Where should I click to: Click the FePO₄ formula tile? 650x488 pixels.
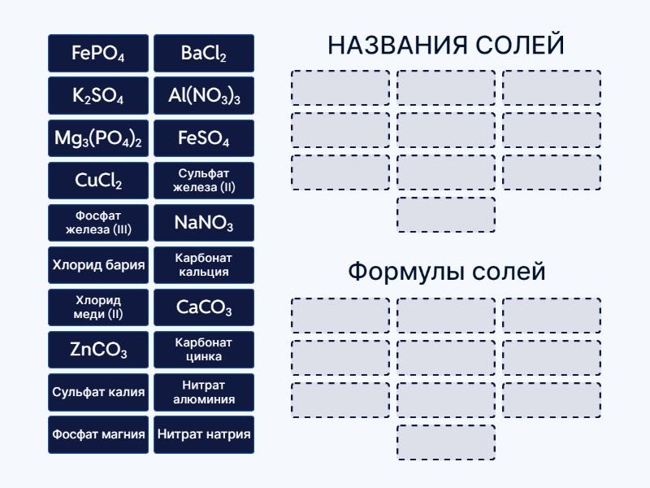98,54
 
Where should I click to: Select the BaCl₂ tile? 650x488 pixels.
204,54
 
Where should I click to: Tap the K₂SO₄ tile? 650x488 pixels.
98,96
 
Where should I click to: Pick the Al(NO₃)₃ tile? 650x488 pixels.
204,96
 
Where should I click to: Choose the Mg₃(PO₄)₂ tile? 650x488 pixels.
98,138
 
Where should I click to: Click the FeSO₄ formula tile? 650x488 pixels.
204,138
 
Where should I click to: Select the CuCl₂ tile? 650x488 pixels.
98,181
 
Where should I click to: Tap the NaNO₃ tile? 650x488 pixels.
204,223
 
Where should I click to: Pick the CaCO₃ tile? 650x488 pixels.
204,307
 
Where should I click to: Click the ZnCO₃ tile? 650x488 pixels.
98,350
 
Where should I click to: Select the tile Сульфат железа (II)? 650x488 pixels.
204,181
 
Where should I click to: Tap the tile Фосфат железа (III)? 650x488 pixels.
98,223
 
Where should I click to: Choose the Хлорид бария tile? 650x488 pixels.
98,265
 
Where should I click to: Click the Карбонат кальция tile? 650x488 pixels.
204,265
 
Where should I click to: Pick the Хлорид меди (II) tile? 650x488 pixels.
98,307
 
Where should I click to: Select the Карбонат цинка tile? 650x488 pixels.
204,350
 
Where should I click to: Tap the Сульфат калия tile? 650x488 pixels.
98,392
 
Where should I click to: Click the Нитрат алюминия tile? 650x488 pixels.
204,392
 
